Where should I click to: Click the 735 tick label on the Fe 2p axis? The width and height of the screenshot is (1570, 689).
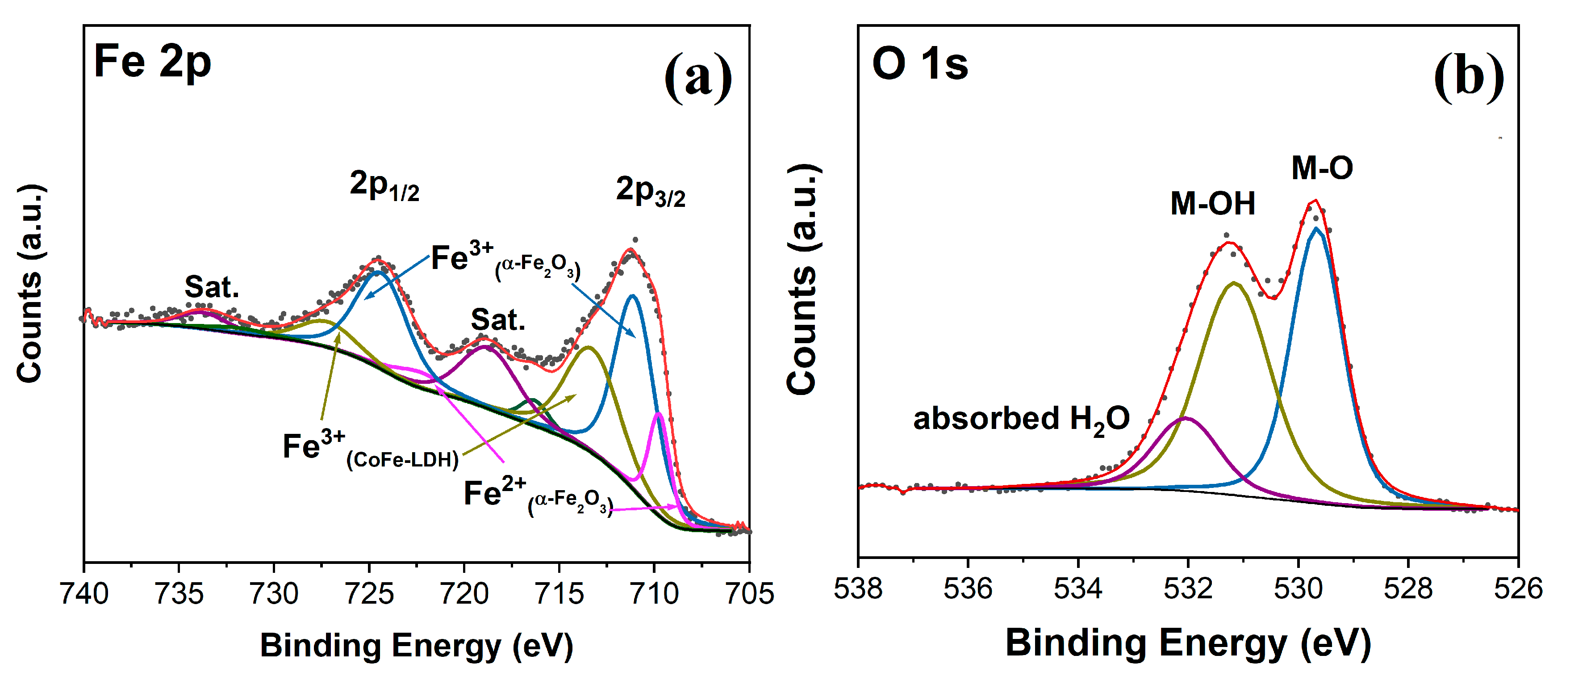click(179, 592)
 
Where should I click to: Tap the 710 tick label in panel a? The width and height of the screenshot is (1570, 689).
click(655, 592)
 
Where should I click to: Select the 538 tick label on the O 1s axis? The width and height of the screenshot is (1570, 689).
click(858, 588)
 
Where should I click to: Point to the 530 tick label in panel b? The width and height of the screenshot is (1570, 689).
click(1298, 588)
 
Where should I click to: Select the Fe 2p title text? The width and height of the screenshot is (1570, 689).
click(152, 62)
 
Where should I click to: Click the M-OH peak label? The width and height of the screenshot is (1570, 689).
click(1213, 204)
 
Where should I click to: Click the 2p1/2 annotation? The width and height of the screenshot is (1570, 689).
click(384, 185)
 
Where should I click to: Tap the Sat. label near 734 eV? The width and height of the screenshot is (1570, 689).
click(212, 286)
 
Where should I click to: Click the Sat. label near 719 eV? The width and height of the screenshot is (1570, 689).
click(498, 319)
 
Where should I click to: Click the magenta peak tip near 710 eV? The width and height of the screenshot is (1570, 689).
click(659, 414)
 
